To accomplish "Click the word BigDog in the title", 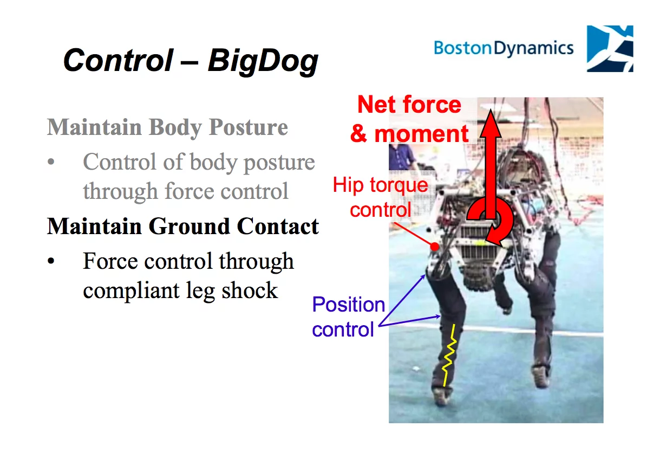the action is tap(263, 61).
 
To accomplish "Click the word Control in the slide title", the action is tap(118, 60).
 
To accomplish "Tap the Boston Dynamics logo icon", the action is tap(610, 49).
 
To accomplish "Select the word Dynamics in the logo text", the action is tap(534, 49).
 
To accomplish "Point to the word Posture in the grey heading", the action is tap(249, 127).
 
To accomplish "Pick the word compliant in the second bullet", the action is tap(131, 291).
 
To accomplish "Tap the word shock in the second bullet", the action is tap(250, 290).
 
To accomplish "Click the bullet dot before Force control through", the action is tap(51, 261).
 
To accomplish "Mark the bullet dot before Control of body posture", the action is tap(51, 161).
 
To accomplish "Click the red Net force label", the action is tap(409, 105).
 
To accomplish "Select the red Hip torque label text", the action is tap(380, 185).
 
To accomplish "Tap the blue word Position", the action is tap(349, 305).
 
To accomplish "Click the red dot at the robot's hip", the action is tap(434, 247).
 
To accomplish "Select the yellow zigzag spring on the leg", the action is tap(449, 355).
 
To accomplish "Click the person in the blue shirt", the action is tap(401, 157).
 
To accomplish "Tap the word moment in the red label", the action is tap(421, 134).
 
